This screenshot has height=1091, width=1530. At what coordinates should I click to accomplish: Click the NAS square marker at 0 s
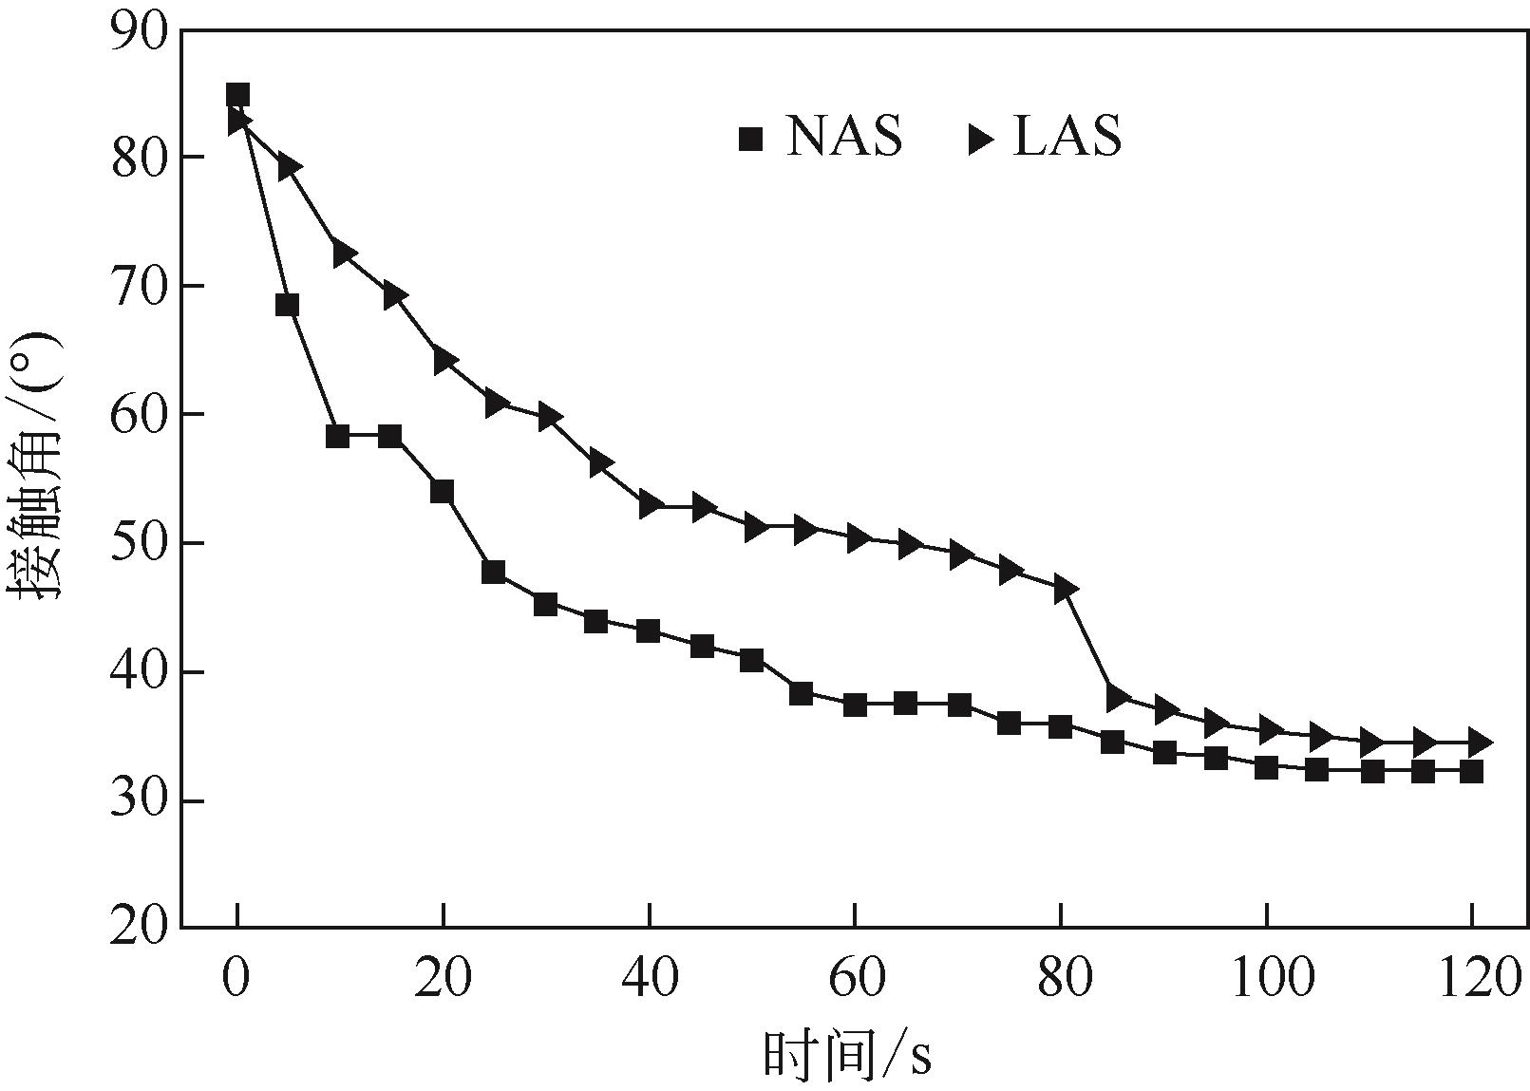237,95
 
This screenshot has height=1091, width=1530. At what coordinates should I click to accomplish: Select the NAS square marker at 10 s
338,437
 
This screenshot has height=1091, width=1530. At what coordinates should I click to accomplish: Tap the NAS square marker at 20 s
442,492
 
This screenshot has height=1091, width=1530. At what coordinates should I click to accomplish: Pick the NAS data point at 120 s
1471,771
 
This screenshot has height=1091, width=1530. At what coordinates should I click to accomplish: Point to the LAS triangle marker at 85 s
1117,698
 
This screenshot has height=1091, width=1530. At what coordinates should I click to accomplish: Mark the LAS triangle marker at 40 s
652,504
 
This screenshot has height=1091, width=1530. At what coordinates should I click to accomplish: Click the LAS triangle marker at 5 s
290,167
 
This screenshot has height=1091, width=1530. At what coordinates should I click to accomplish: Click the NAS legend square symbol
751,140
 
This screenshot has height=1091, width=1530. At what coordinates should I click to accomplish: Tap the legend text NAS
843,137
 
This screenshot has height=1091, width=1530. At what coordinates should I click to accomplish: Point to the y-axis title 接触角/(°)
38,465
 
